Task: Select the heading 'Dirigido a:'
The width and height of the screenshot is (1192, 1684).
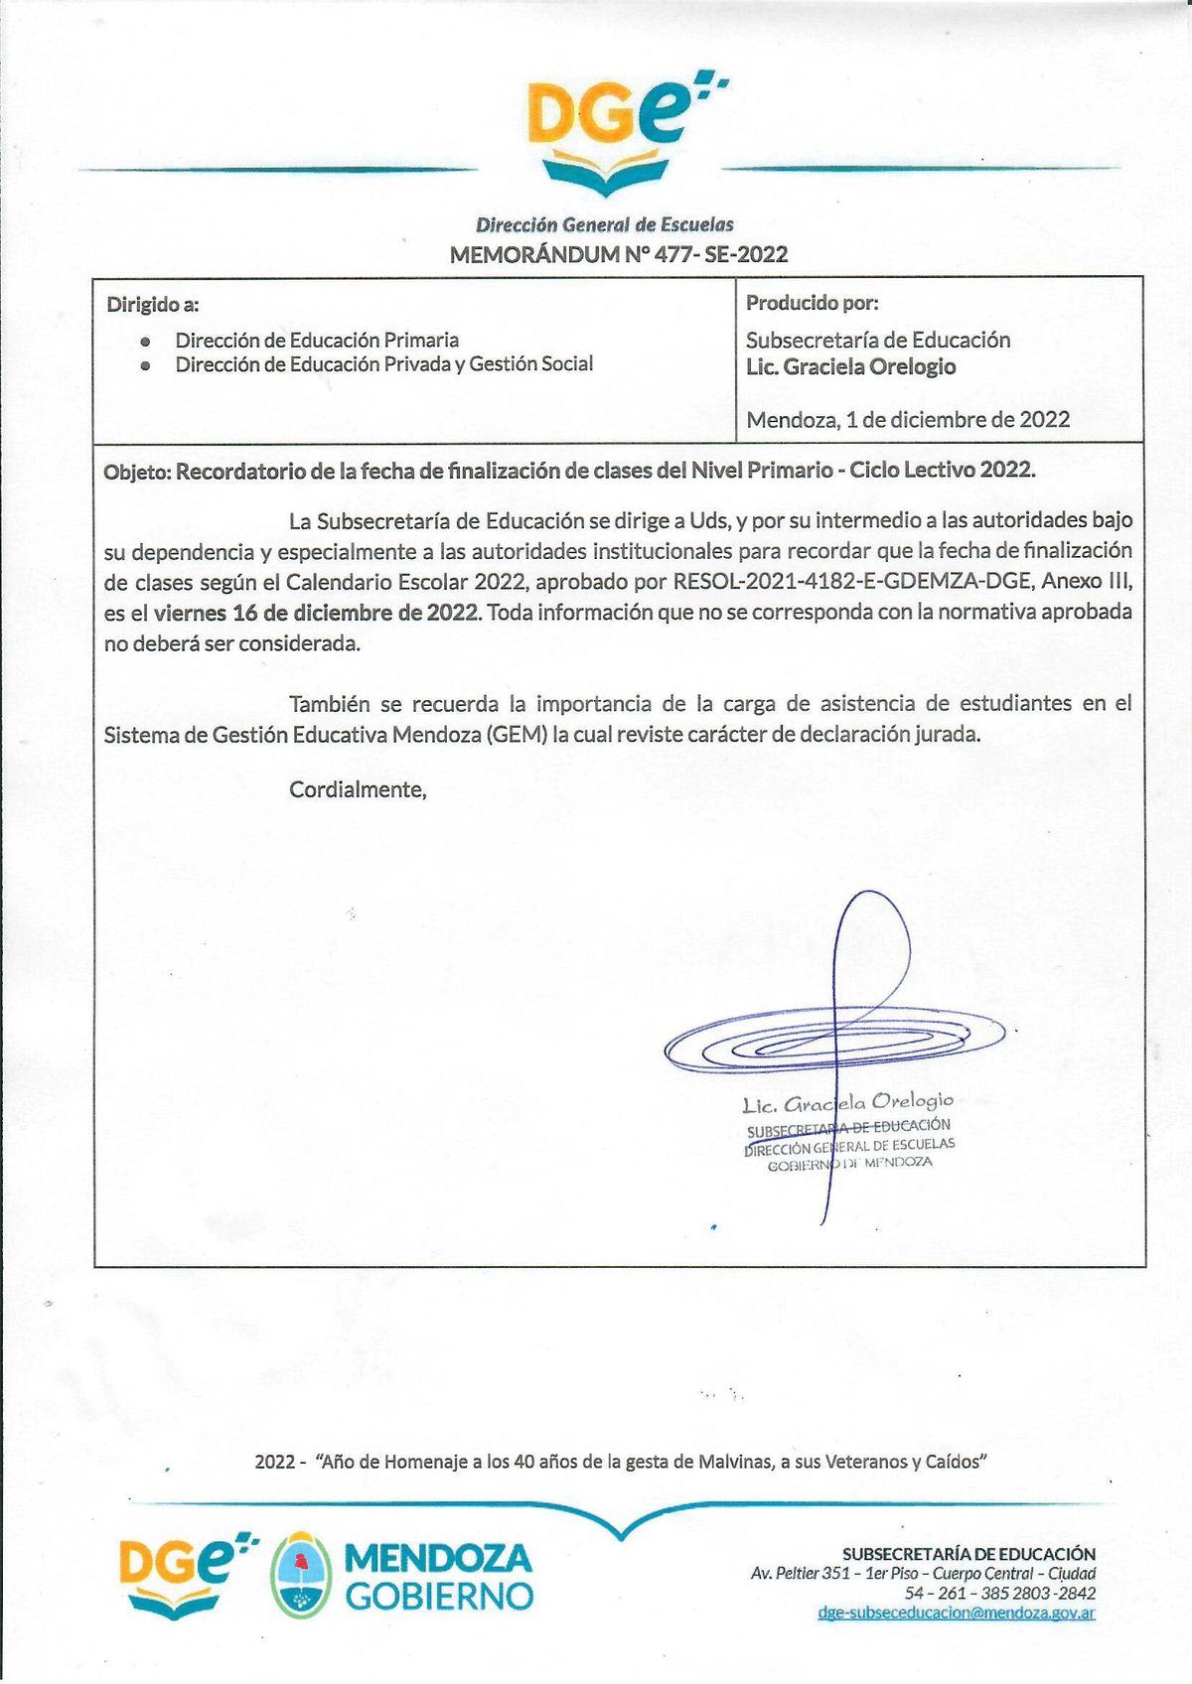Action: pos(153,305)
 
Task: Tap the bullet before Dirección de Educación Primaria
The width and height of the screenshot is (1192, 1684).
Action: pos(146,341)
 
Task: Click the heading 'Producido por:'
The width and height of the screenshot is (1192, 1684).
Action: pos(812,303)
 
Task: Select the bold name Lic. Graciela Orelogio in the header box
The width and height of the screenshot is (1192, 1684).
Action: pos(850,367)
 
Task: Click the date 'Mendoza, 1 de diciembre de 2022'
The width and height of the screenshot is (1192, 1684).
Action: pos(908,420)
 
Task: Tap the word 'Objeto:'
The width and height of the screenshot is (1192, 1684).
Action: pos(137,472)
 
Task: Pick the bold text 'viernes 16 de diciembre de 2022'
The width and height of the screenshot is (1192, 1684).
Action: pos(316,613)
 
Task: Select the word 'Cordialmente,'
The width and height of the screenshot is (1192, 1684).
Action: pos(358,790)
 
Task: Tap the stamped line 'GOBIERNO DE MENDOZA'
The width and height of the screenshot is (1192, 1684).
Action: pos(849,1163)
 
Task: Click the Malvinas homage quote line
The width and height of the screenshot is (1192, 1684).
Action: pos(620,1462)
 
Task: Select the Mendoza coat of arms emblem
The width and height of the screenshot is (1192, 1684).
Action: pos(300,1575)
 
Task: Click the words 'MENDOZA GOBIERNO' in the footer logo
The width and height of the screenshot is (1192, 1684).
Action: pos(438,1576)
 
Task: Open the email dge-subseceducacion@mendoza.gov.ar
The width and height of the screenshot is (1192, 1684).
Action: pos(956,1613)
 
